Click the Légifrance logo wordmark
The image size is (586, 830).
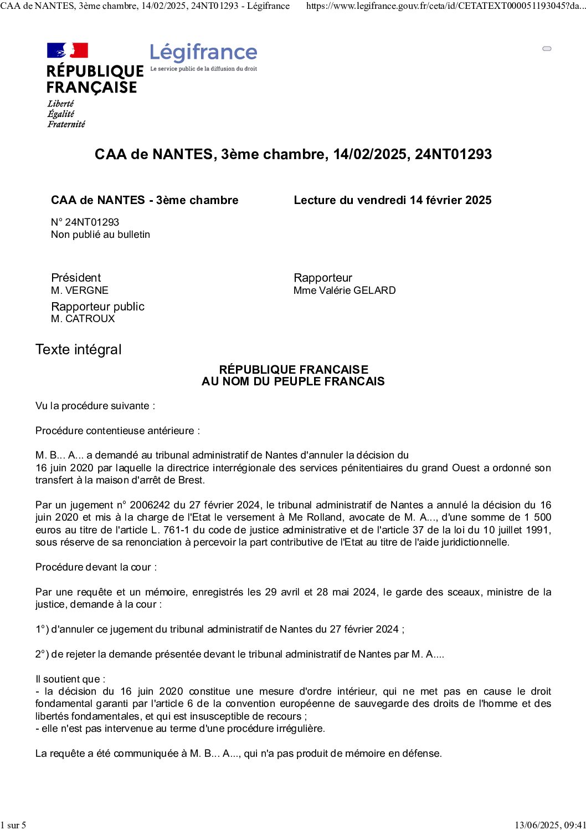pos(203,53)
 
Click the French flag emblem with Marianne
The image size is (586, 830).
pos(68,50)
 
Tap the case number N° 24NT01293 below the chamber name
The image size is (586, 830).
pos(85,222)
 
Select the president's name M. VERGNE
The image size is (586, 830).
pos(80,290)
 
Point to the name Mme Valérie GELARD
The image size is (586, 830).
pos(345,290)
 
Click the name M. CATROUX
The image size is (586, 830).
pos(83,319)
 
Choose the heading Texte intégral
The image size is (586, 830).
pos(78,350)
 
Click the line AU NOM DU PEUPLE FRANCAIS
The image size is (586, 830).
pos(293,381)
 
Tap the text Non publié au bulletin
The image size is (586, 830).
pos(100,235)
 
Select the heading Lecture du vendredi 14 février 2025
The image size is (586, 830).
pos(392,200)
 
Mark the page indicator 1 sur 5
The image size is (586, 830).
pos(13,825)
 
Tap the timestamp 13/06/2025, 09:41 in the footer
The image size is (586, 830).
pos(550,825)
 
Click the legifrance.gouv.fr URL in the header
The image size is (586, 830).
pos(445,6)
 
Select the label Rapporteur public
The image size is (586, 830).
pos(97,307)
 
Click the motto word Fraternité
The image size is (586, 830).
pos(66,124)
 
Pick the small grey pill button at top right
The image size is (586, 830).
pos(547,49)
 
